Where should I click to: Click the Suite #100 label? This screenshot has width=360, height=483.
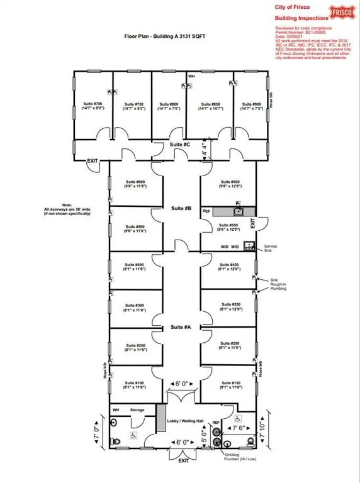click(x=135, y=384)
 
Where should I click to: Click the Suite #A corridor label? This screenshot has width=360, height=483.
click(x=181, y=327)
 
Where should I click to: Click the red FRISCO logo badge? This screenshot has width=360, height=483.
click(x=342, y=12)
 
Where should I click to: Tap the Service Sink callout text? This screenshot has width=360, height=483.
click(x=271, y=248)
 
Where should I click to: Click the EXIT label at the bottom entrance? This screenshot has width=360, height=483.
click(x=183, y=461)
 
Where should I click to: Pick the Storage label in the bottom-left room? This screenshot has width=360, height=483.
click(x=137, y=411)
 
